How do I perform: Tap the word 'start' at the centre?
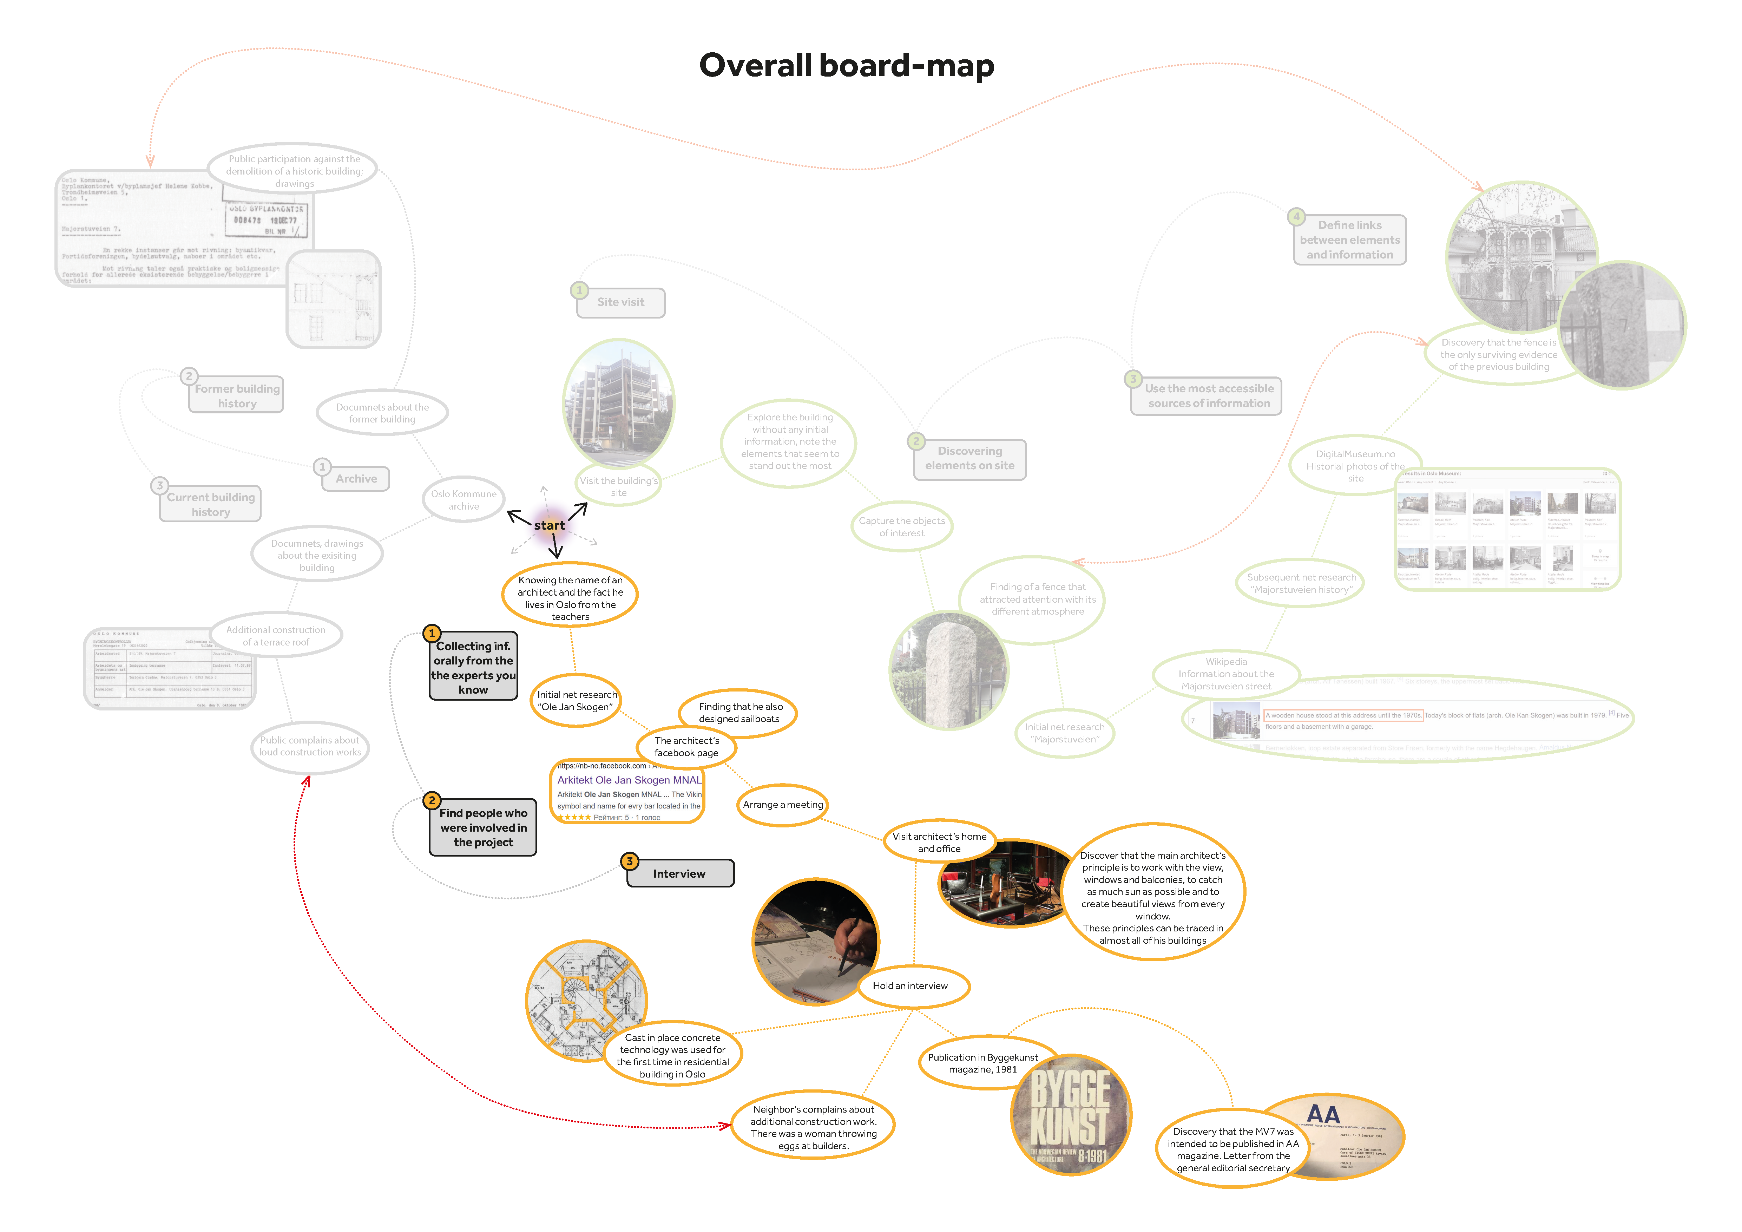tap(549, 525)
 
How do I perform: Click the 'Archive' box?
tap(356, 479)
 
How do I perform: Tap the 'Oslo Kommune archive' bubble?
tap(464, 500)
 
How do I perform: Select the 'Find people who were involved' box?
tap(483, 828)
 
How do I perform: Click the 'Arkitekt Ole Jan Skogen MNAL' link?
tap(629, 780)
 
